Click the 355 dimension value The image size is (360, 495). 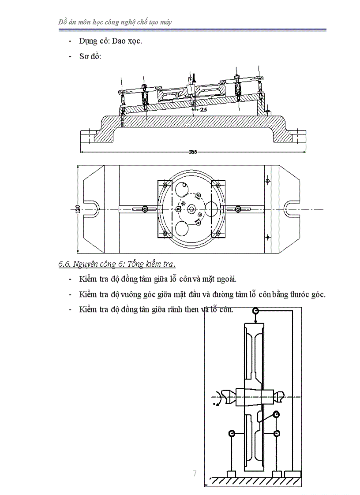[193, 152]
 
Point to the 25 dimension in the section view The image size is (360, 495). [203, 109]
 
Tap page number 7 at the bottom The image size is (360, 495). [195, 474]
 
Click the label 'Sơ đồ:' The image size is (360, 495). [90, 56]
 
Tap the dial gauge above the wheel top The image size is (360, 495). [255, 311]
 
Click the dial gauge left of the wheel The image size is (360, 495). [231, 434]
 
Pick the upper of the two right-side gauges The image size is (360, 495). [276, 414]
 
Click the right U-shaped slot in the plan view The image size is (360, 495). [292, 208]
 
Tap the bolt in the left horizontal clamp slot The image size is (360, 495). [145, 209]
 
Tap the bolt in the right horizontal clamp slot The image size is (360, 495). [237, 209]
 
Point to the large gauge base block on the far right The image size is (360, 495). [292, 474]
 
